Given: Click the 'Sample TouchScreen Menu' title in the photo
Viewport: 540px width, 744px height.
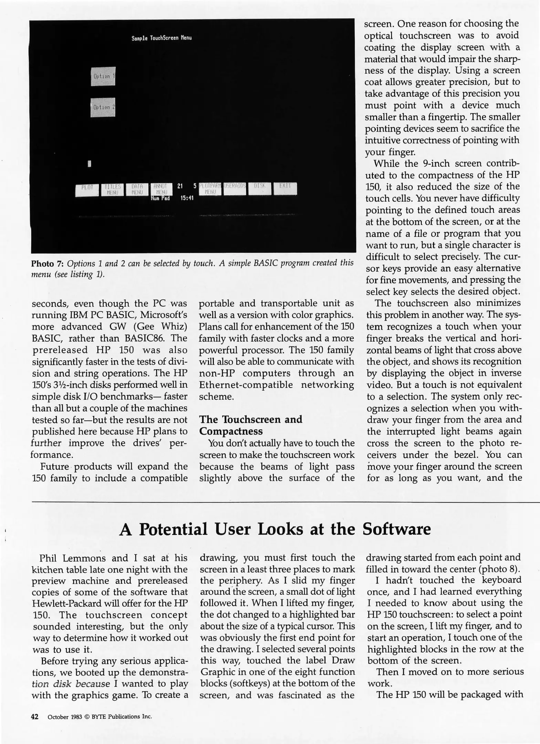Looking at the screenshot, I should pos(162,38).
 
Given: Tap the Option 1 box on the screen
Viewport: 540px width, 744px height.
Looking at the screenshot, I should pos(103,76).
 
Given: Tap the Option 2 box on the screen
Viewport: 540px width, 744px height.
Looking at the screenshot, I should pos(103,107).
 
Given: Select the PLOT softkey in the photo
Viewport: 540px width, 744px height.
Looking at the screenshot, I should pos(87,189).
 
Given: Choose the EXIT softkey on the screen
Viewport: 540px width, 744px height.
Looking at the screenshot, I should pos(285,188).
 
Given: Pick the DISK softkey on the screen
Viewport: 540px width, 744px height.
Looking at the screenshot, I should pos(260,188).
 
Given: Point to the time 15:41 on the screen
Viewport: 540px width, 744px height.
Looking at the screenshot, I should pos(187,198).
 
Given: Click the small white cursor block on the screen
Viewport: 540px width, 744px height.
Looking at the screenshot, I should pos(90,164).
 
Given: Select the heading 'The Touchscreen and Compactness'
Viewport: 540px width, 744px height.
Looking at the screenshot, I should pos(250,425).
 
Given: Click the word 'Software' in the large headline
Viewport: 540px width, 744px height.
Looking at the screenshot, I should pos(396,529).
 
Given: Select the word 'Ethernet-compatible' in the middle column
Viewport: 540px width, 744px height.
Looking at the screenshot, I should pos(246,385).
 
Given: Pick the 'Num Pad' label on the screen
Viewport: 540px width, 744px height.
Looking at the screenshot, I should pos(160,198).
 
